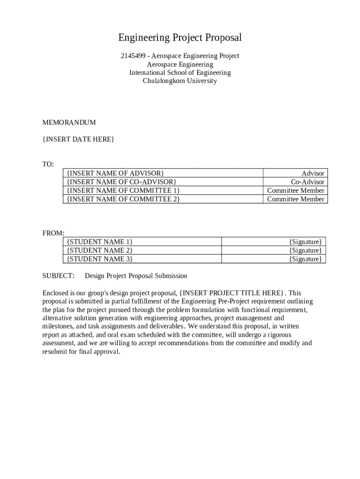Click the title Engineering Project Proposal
tap(180, 37)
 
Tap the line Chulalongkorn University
tap(180, 81)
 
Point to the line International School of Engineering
tap(180, 73)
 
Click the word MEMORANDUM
tap(69, 123)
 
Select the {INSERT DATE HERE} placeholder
tap(78, 139)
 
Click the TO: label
tap(48, 164)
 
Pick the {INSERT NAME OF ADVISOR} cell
tap(115, 173)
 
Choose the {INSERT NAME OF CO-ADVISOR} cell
tap(122, 181)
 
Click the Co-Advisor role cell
tap(307, 181)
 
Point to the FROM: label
tap(53, 233)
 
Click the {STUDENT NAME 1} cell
tap(100, 241)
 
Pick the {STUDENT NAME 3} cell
tap(100, 259)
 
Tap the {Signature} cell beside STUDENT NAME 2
tap(305, 250)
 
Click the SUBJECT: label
tap(58, 276)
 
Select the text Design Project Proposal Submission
tap(136, 276)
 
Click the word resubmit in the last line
tap(56, 352)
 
